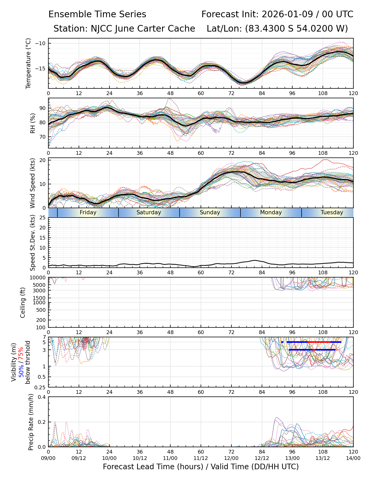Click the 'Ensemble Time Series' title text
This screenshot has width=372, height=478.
(97, 14)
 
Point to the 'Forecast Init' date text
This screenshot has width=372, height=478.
(277, 14)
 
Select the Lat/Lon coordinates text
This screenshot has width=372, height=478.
(277, 29)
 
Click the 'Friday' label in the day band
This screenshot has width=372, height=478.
(88, 212)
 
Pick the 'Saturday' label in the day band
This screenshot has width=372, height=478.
(149, 212)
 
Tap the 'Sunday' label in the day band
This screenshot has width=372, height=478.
(210, 212)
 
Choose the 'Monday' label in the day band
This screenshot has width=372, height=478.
(271, 212)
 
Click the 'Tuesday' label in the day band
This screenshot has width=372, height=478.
(332, 212)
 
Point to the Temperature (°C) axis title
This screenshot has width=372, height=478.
(28, 63)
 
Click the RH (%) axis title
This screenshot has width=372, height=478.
(33, 123)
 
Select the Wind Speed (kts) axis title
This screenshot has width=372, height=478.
(33, 183)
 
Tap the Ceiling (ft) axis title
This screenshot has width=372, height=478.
(23, 302)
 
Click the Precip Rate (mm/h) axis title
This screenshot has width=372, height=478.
(31, 422)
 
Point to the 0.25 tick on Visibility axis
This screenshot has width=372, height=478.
(40, 387)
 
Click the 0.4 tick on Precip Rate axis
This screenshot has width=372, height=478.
(42, 397)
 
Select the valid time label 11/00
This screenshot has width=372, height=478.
(170, 458)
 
